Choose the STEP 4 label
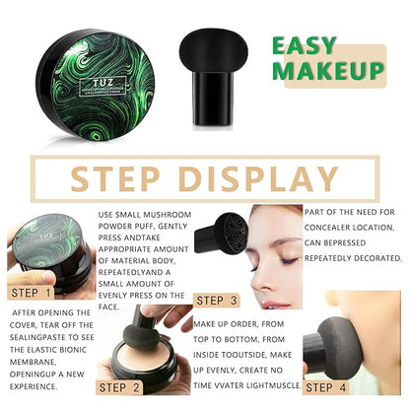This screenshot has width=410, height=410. point(326,386)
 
